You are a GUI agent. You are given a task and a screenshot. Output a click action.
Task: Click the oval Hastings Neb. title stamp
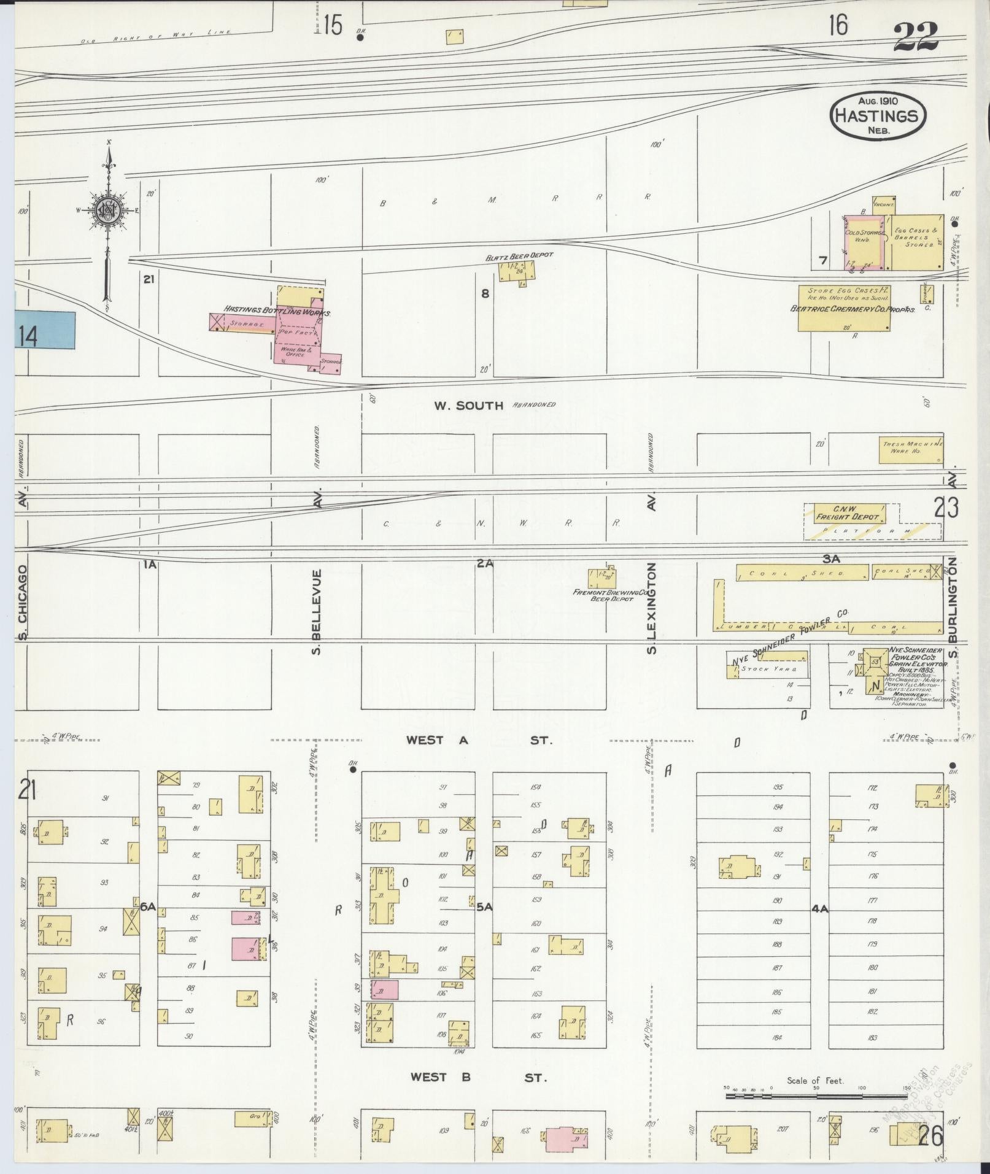pos(877,115)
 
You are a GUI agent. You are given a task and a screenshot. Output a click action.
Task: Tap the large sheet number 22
pos(916,37)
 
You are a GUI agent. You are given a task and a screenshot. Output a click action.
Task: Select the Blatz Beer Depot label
pos(519,255)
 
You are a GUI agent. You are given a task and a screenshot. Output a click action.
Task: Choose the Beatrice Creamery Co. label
pos(853,309)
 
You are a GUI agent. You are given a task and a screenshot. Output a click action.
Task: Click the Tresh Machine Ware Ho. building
pos(911,451)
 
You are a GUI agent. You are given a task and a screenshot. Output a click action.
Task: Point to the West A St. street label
pos(479,740)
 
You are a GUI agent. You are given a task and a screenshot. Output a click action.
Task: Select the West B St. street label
pos(477,1077)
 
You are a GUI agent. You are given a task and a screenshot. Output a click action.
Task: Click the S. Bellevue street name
pos(317,611)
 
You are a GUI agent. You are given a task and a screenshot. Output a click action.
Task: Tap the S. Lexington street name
pos(652,608)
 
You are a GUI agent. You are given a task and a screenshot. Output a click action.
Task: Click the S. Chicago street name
pos(22,603)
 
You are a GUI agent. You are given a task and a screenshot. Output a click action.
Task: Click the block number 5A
pos(485,906)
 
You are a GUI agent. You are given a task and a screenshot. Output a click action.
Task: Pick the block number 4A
pos(820,909)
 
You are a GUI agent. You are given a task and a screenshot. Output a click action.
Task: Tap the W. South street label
pos(469,405)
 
